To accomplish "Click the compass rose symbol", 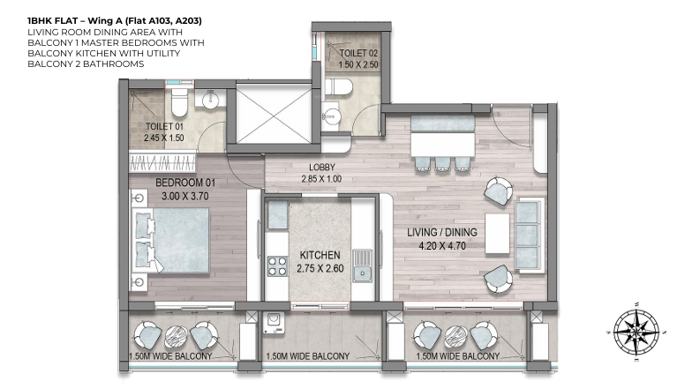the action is click(x=636, y=331).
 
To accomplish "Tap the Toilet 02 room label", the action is click(x=358, y=54).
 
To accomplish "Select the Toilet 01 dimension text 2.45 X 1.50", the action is click(x=164, y=138).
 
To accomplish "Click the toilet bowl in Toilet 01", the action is click(x=179, y=102).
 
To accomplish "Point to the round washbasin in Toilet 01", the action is click(x=210, y=100).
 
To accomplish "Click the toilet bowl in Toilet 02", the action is click(x=339, y=87).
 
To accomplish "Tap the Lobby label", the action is click(x=321, y=168).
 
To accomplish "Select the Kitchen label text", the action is click(x=320, y=255).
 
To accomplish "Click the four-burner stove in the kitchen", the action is click(x=278, y=266).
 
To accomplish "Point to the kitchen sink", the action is click(x=363, y=266).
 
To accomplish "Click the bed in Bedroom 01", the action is click(x=172, y=240).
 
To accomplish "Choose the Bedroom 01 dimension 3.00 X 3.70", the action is click(x=184, y=196).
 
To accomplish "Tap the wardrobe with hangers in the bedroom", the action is click(x=162, y=163).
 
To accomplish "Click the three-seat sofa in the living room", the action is click(x=529, y=235).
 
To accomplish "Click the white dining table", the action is click(x=442, y=145).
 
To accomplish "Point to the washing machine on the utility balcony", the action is click(x=275, y=323).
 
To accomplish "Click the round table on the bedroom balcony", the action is click(x=177, y=336).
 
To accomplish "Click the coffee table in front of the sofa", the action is click(x=497, y=234).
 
